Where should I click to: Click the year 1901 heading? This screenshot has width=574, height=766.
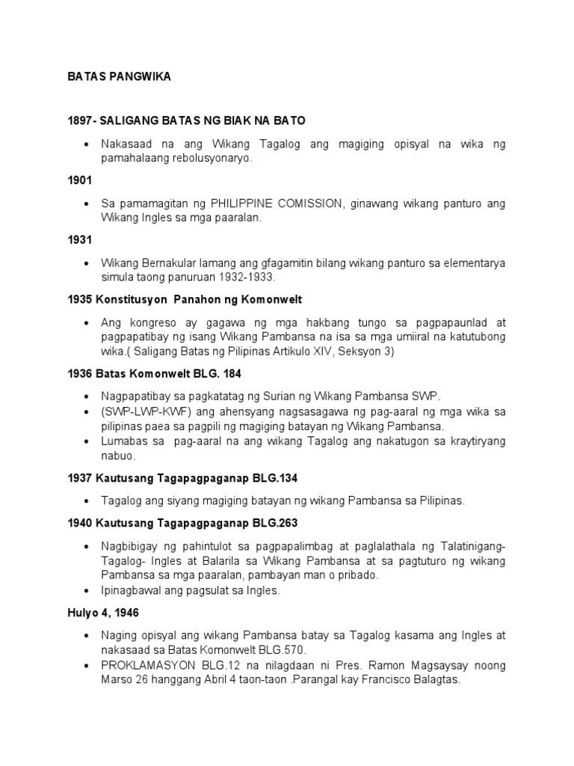point(78,180)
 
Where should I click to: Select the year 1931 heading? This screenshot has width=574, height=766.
point(78,241)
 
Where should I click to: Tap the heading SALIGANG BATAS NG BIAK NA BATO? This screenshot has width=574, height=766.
point(202,120)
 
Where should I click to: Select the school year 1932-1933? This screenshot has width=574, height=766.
point(250,277)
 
